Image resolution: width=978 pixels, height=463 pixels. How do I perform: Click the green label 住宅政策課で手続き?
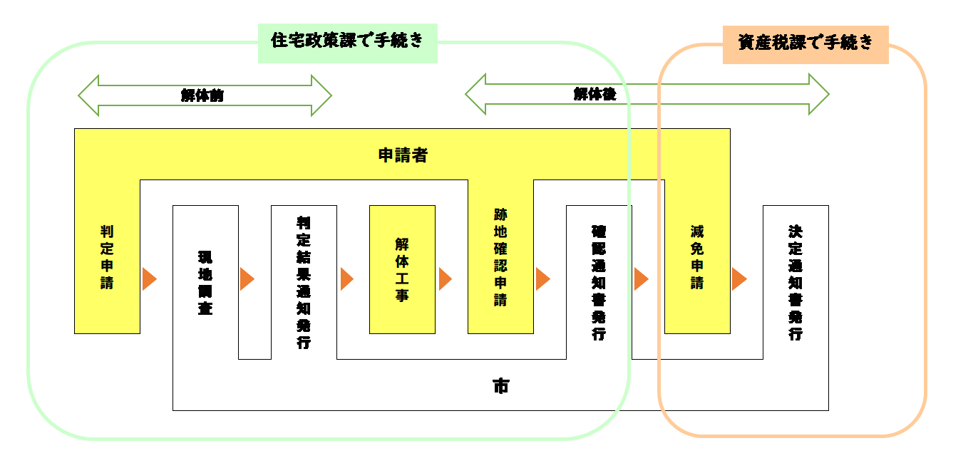coord(347,42)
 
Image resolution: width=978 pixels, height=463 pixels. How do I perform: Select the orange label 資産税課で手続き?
coord(805,43)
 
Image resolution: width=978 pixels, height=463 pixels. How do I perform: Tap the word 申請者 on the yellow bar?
coord(403,155)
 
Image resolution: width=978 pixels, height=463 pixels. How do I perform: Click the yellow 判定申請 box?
coord(107,256)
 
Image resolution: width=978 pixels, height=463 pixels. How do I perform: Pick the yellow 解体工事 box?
coord(402,269)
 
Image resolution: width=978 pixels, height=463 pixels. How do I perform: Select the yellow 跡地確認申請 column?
coord(500,256)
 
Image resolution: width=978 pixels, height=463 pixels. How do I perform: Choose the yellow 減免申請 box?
coord(697,256)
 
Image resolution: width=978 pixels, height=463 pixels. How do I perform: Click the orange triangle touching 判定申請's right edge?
coord(148,279)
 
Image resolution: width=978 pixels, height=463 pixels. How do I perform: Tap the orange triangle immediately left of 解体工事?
coord(346,279)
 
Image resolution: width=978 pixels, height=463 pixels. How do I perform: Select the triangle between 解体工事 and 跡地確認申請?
coord(445,279)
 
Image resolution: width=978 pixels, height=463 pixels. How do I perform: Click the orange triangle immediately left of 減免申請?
coord(641,279)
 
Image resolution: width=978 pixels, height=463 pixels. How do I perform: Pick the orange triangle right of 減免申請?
coord(738,279)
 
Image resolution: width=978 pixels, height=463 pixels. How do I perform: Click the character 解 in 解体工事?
coord(402,244)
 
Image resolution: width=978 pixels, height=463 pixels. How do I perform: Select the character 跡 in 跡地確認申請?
coord(500,214)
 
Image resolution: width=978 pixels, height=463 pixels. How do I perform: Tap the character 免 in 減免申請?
coord(697,249)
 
